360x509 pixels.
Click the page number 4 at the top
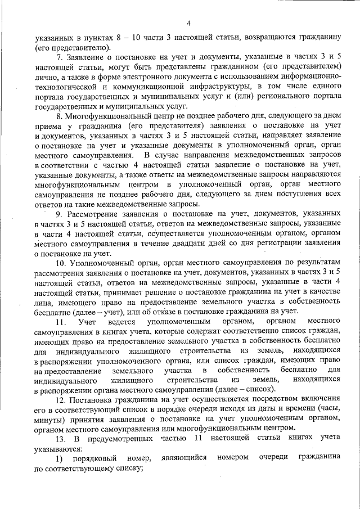point(188,22)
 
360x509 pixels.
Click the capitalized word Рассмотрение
point(94,214)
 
